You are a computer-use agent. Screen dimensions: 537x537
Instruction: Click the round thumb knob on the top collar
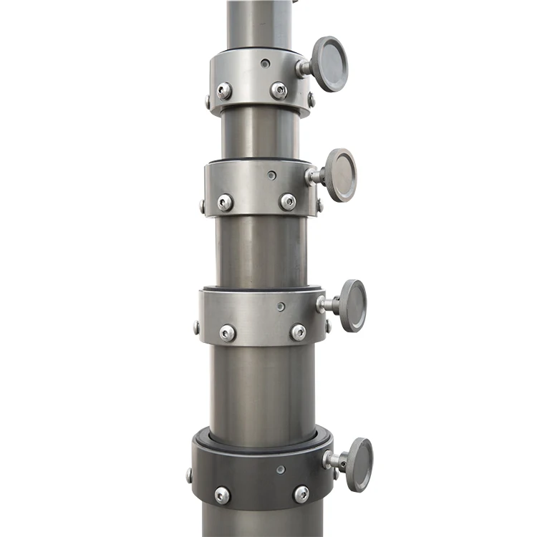pyautogui.click(x=329, y=64)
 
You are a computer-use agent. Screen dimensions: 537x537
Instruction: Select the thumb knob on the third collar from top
pyautogui.click(x=352, y=305)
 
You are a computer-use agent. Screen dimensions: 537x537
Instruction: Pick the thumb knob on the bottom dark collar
pyautogui.click(x=358, y=465)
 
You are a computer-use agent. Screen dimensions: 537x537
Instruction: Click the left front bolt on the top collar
pyautogui.click(x=224, y=91)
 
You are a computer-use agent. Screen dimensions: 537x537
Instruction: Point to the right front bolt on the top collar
pyautogui.click(x=279, y=90)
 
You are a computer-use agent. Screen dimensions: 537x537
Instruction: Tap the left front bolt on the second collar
pyautogui.click(x=225, y=203)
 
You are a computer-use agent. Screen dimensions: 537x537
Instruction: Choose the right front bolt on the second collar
pyautogui.click(x=287, y=202)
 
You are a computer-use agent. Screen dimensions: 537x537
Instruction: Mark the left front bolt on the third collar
pyautogui.click(x=228, y=333)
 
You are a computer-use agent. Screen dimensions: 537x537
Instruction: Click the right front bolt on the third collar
pyautogui.click(x=298, y=332)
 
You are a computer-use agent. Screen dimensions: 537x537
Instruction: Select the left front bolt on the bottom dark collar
pyautogui.click(x=223, y=495)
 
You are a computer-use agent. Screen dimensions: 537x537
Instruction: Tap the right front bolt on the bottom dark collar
pyautogui.click(x=301, y=494)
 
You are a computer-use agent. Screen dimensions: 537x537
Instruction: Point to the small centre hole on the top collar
pyautogui.click(x=266, y=63)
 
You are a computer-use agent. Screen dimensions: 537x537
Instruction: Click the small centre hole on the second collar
pyautogui.click(x=271, y=174)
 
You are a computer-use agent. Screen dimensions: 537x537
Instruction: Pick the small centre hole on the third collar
pyautogui.click(x=281, y=306)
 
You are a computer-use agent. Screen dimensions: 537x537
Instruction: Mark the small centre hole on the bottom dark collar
pyautogui.click(x=281, y=470)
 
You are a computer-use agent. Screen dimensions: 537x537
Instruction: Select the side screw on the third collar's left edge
pyautogui.click(x=197, y=329)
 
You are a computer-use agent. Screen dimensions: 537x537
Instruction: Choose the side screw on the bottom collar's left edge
pyautogui.click(x=190, y=475)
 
